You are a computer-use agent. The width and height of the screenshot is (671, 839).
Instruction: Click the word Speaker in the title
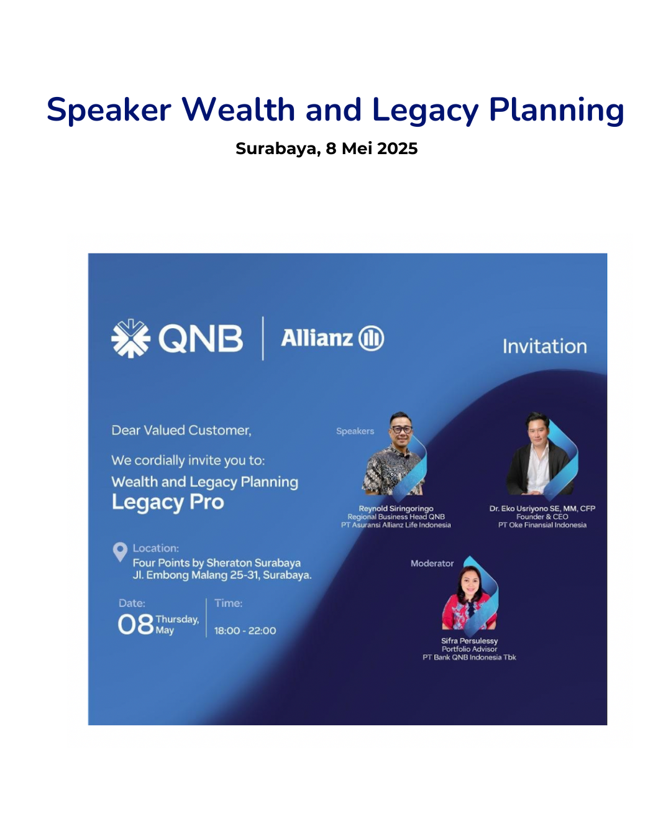pyautogui.click(x=109, y=111)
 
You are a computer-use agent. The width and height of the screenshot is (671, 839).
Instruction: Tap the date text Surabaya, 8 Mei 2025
pyautogui.click(x=326, y=149)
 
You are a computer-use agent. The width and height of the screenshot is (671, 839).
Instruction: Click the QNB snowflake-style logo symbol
pyautogui.click(x=130, y=338)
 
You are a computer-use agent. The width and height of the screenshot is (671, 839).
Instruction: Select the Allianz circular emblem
pyautogui.click(x=371, y=338)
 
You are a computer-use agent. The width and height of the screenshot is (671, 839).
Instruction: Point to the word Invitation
pyautogui.click(x=544, y=346)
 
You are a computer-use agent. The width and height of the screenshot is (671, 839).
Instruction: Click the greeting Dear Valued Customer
pyautogui.click(x=181, y=431)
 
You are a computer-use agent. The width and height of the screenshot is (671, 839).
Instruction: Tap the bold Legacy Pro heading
pyautogui.click(x=168, y=503)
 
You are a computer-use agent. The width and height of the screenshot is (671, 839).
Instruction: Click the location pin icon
pyautogui.click(x=120, y=552)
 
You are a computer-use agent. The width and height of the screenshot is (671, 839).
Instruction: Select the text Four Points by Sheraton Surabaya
pyautogui.click(x=217, y=563)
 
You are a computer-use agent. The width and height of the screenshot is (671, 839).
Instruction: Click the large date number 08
pyautogui.click(x=135, y=625)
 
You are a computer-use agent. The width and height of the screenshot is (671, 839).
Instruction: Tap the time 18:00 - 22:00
pyautogui.click(x=245, y=631)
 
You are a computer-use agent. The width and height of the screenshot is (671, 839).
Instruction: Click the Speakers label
pyautogui.click(x=355, y=431)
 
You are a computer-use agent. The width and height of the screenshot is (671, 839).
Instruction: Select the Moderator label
pyautogui.click(x=432, y=563)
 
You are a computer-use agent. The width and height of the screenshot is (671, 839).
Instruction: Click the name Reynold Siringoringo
pyautogui.click(x=396, y=509)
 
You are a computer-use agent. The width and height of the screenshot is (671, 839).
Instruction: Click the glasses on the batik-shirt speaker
pyautogui.click(x=401, y=429)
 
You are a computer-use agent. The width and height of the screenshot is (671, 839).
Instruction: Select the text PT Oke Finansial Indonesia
pyautogui.click(x=542, y=525)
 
